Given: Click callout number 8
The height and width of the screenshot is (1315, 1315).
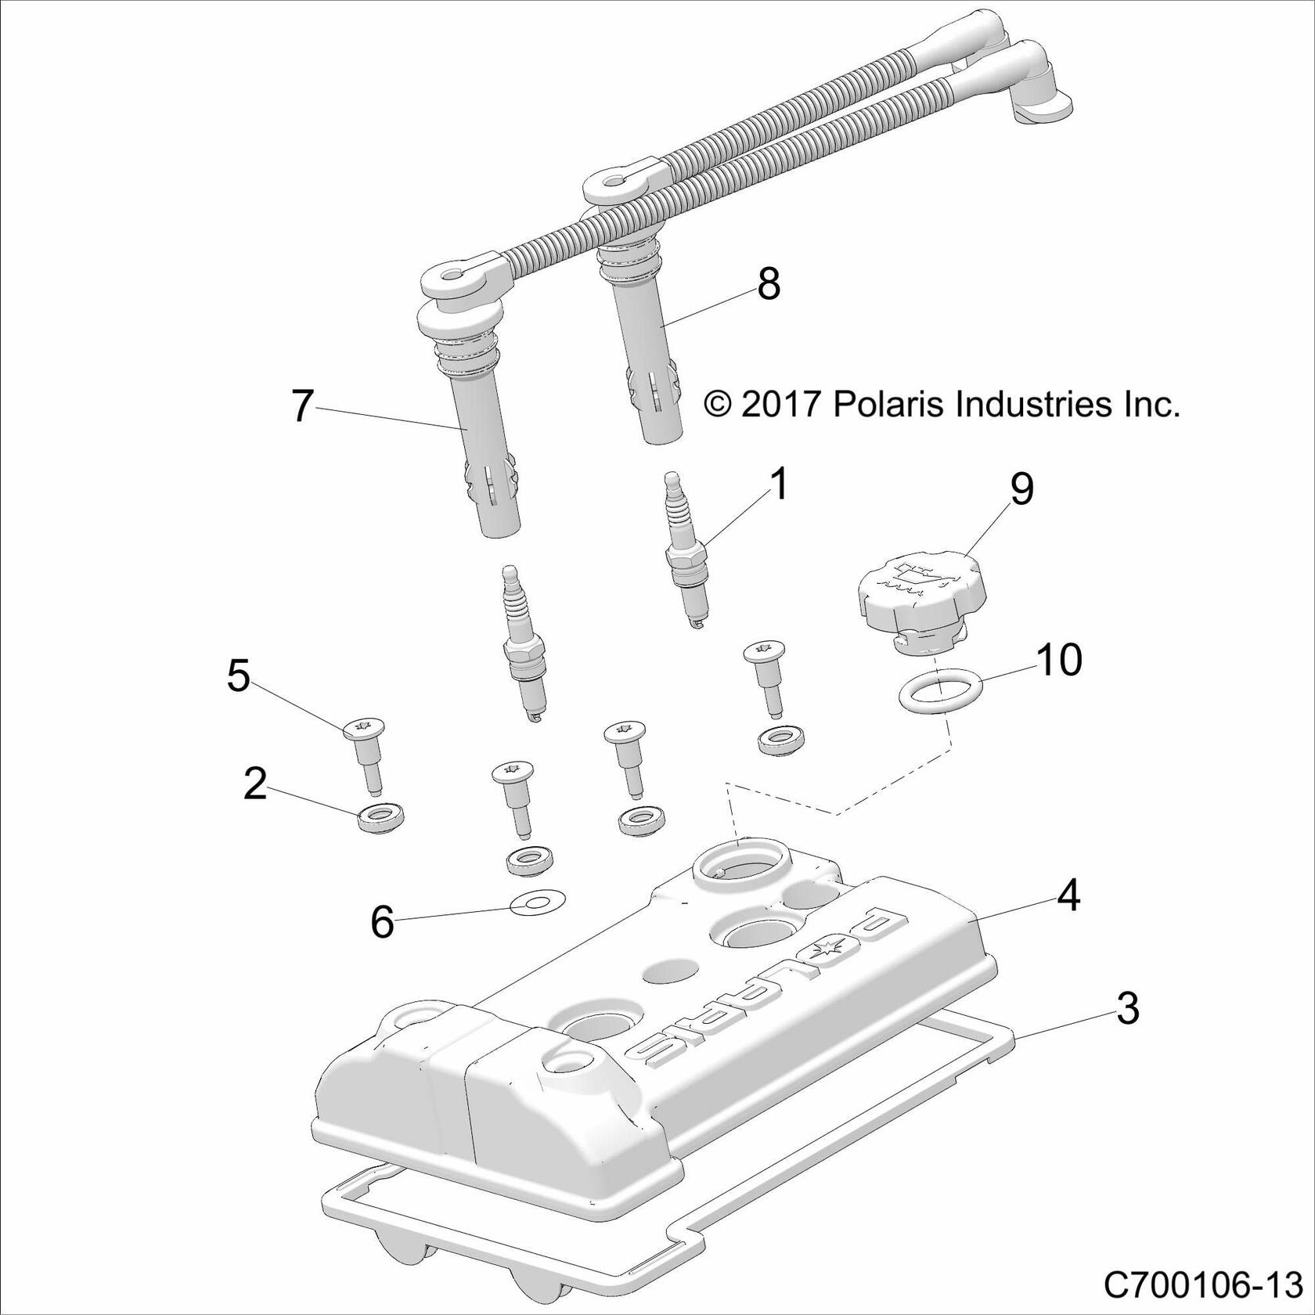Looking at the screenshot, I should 768,284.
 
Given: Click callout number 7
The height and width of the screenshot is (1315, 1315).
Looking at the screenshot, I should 302,406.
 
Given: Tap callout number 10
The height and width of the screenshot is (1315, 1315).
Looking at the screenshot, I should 1059,659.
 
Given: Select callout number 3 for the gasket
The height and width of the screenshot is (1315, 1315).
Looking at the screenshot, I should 1127,1009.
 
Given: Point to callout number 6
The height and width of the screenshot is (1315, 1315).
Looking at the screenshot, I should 381,922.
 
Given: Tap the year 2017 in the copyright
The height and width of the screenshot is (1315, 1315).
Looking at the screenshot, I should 780,405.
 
